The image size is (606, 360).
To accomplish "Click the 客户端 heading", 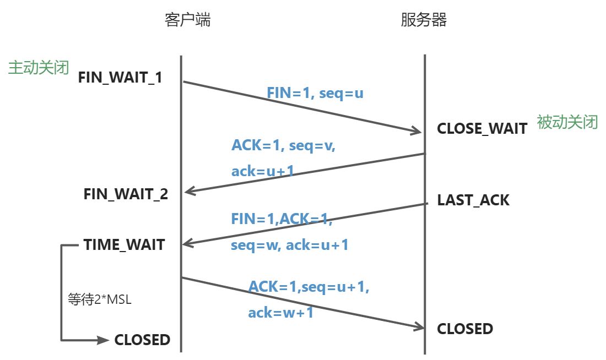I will (x=187, y=21).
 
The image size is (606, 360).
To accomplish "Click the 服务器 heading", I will (x=424, y=21).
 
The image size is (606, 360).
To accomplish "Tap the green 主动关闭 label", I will (x=38, y=68).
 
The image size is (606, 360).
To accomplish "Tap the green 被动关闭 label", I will (x=567, y=122).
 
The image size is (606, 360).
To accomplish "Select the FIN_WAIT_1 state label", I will (x=120, y=77).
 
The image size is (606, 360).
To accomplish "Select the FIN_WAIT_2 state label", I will (x=126, y=194).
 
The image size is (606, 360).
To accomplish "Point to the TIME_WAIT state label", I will (x=124, y=245).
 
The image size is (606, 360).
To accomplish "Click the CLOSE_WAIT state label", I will (x=482, y=129).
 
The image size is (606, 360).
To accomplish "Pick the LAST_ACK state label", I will (x=473, y=200).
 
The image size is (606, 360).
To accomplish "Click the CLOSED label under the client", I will (x=142, y=340).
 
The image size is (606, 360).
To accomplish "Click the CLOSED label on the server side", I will (x=465, y=329).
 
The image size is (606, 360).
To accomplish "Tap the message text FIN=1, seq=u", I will (x=315, y=93).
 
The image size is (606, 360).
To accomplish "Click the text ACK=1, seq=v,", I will (x=283, y=146).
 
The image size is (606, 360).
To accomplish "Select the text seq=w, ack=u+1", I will (x=289, y=245).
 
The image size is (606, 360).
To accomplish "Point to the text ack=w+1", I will (x=280, y=313).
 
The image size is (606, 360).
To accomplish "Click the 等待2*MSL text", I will (x=99, y=301).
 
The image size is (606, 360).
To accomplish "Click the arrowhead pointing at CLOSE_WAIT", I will (x=416, y=131).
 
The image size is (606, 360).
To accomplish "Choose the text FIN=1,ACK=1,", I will (x=282, y=219).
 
